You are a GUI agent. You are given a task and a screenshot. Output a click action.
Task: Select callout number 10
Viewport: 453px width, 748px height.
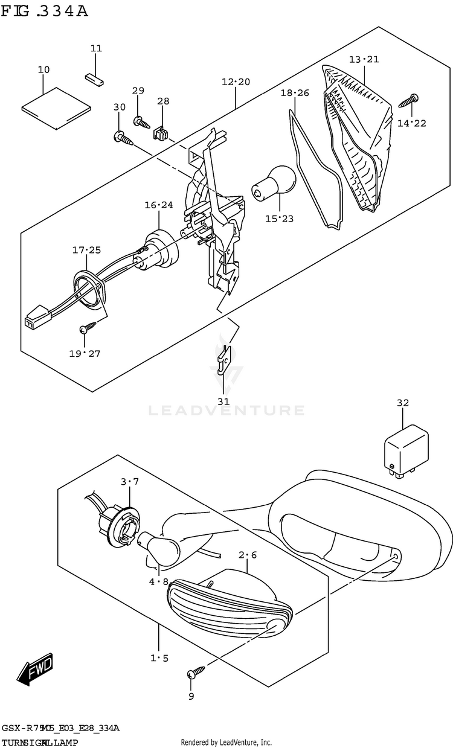pos(43,70)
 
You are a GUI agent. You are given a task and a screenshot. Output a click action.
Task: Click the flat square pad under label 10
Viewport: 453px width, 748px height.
pos(56,107)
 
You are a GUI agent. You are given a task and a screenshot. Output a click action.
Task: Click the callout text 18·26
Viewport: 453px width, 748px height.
pos(294,93)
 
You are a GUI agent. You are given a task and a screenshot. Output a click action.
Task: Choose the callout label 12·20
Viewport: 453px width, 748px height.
pos(235,82)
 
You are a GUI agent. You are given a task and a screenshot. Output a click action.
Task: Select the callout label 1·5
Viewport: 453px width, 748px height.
pos(159,658)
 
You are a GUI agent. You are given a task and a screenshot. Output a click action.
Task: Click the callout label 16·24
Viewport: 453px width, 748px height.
pos(158,205)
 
